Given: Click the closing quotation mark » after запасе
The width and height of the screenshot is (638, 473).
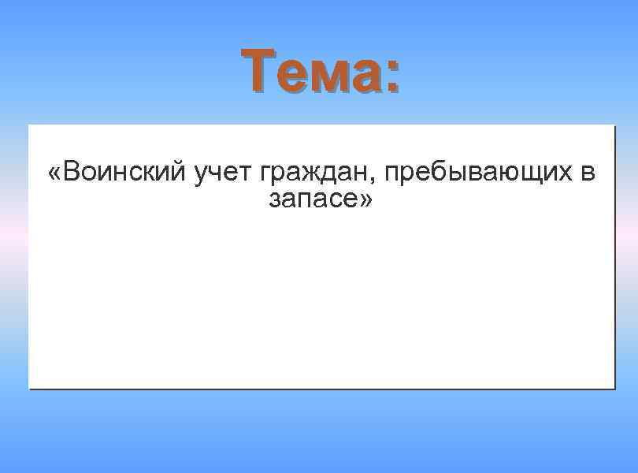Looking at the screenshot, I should [x=365, y=201].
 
